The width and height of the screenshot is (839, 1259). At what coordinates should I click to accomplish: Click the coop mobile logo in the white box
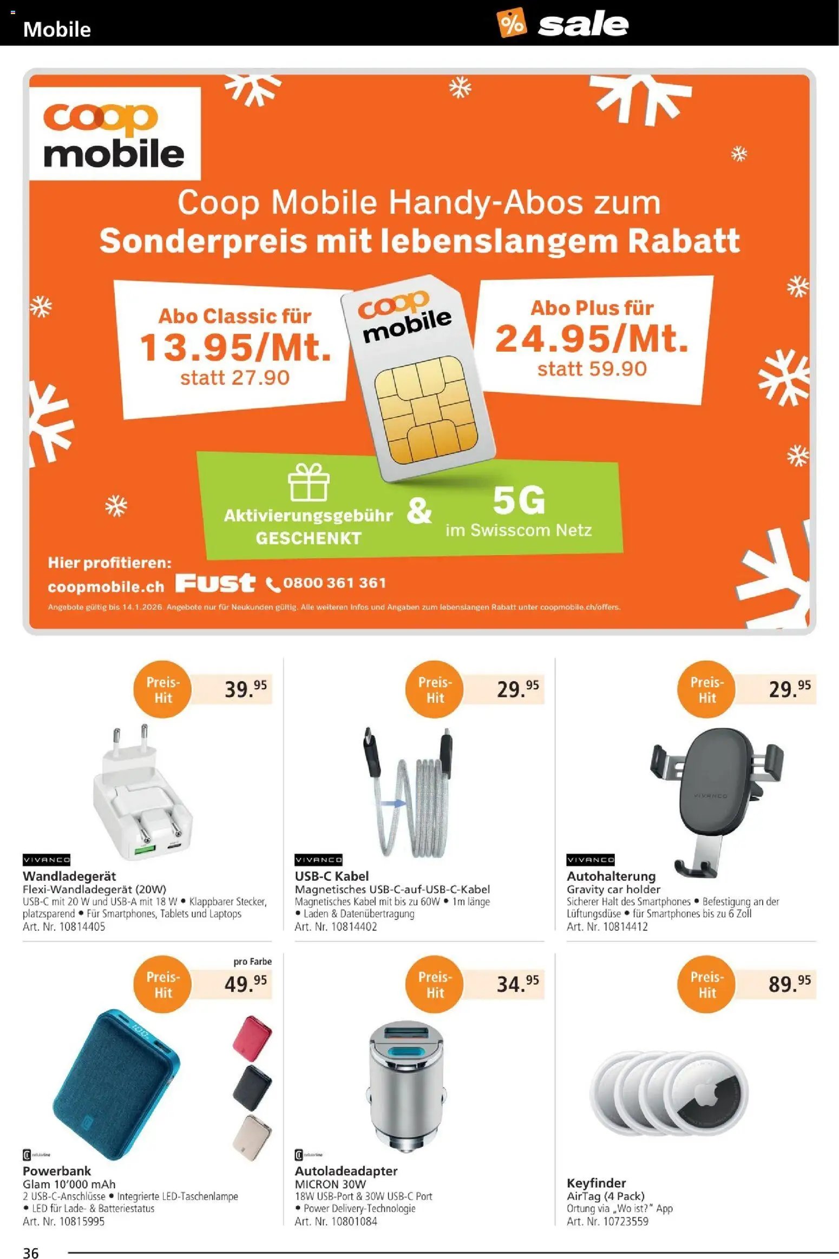(x=114, y=134)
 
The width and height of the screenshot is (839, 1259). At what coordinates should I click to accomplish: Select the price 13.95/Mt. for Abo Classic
(x=235, y=347)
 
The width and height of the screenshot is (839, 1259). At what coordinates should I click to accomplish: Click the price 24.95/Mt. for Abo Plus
(x=592, y=339)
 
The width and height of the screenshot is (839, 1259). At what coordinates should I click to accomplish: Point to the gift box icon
(x=309, y=482)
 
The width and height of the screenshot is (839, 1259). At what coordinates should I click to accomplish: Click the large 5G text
(x=519, y=501)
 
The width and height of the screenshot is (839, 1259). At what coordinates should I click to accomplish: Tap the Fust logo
(x=215, y=583)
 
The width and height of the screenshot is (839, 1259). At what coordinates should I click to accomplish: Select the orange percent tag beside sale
(x=511, y=23)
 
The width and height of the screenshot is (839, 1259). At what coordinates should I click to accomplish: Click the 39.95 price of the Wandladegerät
(x=245, y=689)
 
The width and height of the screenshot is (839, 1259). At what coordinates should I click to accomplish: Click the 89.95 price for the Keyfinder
(x=789, y=984)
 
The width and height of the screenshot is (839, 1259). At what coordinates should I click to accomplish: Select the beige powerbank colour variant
(x=252, y=1136)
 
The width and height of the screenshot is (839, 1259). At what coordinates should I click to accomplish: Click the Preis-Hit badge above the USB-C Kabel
(x=435, y=689)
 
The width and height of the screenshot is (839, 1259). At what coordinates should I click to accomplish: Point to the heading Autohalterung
(x=611, y=876)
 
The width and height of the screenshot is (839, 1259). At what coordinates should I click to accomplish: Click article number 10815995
(x=64, y=1222)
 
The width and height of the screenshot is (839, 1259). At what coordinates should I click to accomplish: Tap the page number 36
(x=31, y=1248)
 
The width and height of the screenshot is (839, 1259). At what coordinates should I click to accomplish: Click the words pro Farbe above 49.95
(x=252, y=961)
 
